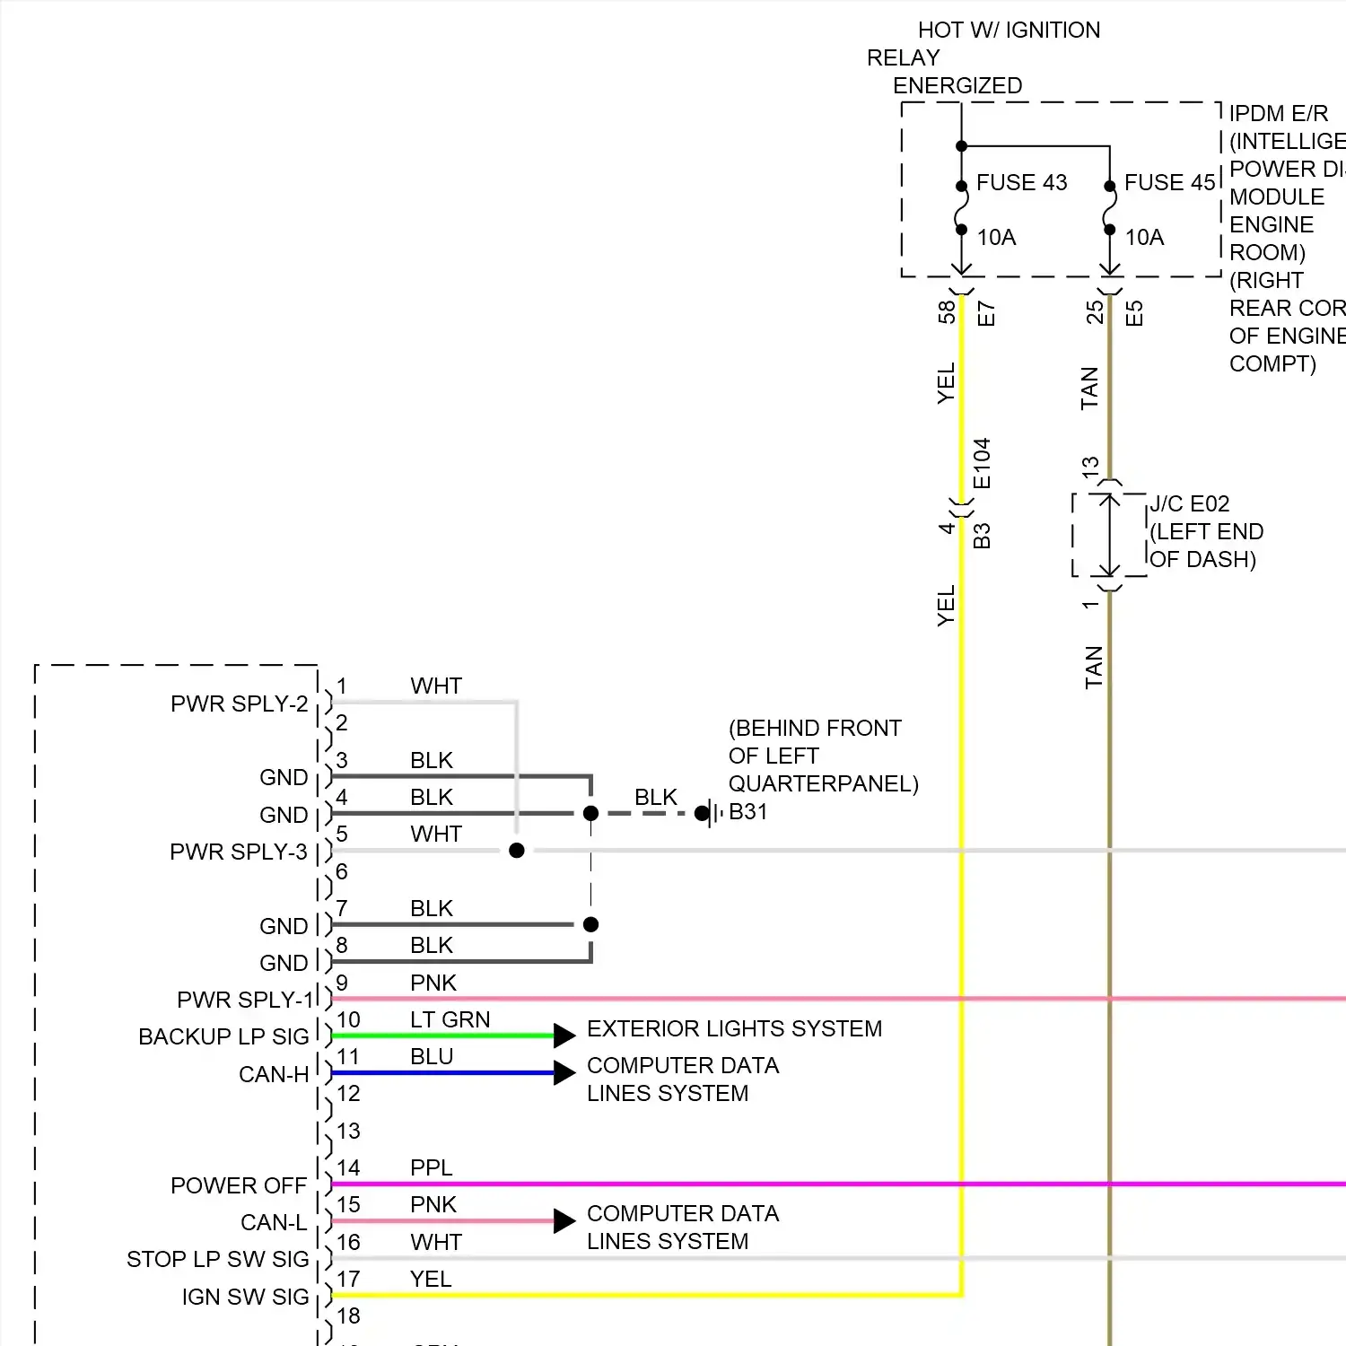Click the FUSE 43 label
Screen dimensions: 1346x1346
(1021, 182)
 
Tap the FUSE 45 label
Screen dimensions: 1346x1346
(1169, 182)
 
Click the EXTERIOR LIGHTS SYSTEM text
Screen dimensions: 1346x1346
(734, 1028)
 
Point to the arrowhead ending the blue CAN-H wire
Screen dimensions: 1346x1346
(564, 1072)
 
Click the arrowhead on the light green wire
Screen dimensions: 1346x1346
(564, 1036)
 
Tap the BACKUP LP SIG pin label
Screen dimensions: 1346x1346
(223, 1036)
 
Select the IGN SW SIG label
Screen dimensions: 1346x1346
(245, 1297)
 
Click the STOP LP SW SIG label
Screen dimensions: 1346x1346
(217, 1259)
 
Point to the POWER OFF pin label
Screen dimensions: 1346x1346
(239, 1185)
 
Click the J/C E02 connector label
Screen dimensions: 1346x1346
(1190, 503)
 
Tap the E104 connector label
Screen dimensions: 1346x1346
(982, 463)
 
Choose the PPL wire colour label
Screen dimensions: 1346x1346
(431, 1167)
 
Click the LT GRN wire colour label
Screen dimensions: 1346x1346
(450, 1019)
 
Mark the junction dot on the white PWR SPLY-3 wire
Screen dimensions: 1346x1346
(516, 850)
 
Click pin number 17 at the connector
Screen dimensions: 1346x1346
(348, 1279)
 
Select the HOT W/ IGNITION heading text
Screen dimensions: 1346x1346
(1009, 30)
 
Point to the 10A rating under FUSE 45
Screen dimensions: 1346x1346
(1144, 237)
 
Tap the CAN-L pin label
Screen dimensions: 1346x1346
(274, 1222)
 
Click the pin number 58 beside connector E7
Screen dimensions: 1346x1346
(946, 312)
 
